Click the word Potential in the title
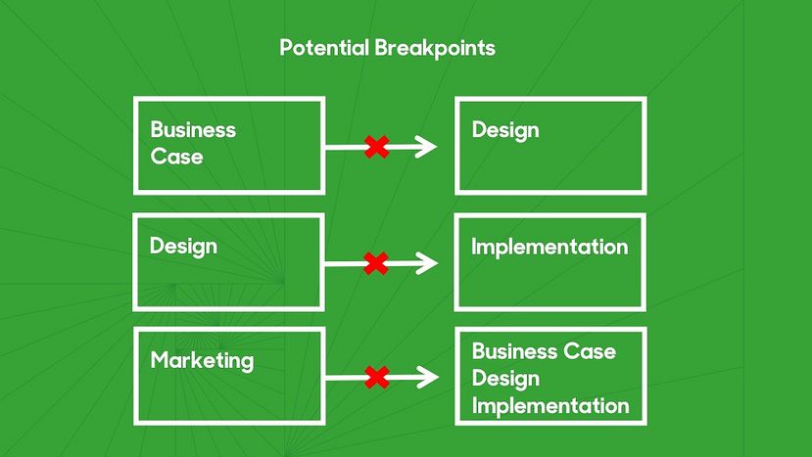[x=324, y=48]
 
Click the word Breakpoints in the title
[x=435, y=49]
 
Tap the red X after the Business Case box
[x=377, y=147]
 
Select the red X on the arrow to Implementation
[x=376, y=263]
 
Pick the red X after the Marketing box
[x=377, y=378]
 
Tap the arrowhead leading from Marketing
[x=428, y=378]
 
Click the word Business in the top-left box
[x=193, y=129]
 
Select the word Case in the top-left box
[x=176, y=157]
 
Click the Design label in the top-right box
[x=505, y=130]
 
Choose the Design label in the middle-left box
[x=183, y=247]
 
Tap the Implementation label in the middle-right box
[x=549, y=247]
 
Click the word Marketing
[x=202, y=361]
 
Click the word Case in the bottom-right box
[x=590, y=351]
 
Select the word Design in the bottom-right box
[x=506, y=379]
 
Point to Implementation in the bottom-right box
[x=550, y=406]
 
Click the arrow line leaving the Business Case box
[x=381, y=147]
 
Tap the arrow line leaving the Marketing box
[x=382, y=378]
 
